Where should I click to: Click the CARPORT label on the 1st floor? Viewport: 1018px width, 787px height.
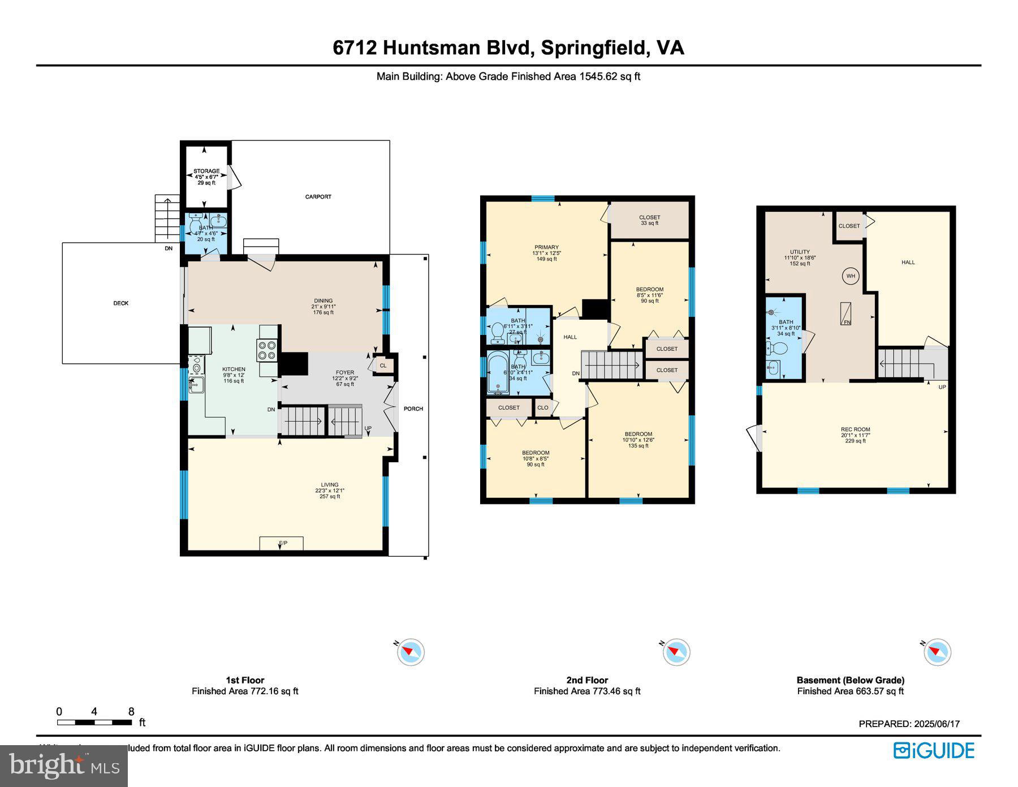(318, 197)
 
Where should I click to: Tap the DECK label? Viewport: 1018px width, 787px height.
(120, 303)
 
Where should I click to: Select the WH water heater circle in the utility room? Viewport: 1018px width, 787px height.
(851, 276)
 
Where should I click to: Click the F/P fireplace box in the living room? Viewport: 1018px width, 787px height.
(282, 543)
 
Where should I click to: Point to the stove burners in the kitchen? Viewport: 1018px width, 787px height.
(267, 350)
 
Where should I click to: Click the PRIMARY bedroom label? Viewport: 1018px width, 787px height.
(546, 247)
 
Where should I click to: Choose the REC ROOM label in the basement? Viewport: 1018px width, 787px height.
(855, 429)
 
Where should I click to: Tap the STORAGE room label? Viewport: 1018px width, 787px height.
(206, 171)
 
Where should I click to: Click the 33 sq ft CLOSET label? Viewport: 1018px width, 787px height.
(649, 217)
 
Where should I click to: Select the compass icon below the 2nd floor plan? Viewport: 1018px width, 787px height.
(676, 652)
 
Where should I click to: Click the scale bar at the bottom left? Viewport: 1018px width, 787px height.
(94, 723)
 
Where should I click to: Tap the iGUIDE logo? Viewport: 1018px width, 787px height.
(934, 751)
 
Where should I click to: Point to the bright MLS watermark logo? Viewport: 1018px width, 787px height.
(64, 766)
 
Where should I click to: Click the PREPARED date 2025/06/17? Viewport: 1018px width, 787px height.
(909, 724)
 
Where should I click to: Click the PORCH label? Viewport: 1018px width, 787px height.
(413, 408)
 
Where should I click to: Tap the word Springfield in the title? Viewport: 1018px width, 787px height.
(593, 48)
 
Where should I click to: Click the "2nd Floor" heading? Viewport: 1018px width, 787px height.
(587, 680)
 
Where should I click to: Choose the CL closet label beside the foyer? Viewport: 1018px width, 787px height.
(383, 365)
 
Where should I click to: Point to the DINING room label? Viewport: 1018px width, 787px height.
(323, 301)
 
